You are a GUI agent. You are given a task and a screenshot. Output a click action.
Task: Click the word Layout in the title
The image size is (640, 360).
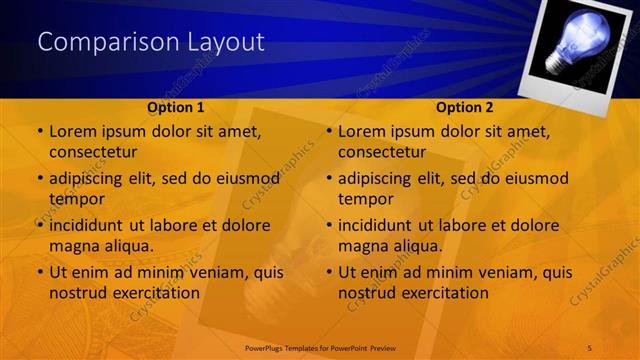click(227, 42)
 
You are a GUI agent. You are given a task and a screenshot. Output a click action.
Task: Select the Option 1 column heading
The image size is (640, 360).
click(176, 107)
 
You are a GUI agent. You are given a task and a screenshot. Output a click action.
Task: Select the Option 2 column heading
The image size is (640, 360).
click(465, 107)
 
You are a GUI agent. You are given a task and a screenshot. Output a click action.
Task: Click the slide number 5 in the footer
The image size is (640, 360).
click(590, 346)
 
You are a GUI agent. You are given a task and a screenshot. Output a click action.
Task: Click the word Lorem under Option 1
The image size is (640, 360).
click(72, 131)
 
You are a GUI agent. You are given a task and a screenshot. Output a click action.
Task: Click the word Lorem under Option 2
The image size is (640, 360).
click(361, 131)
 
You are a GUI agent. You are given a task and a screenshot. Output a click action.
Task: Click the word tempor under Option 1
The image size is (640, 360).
click(74, 199)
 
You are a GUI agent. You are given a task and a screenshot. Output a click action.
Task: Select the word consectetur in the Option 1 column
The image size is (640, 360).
click(93, 151)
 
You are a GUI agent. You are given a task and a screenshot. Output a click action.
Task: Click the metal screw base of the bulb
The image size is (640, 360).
click(552, 62)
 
